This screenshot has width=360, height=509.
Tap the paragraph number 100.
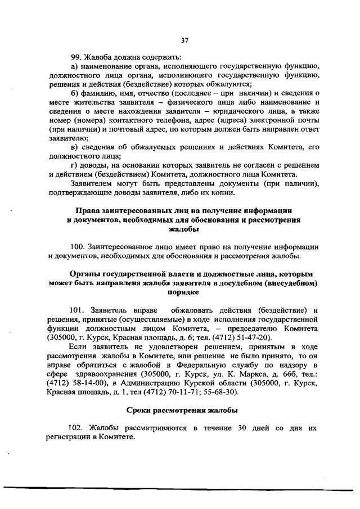click(x=78, y=247)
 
